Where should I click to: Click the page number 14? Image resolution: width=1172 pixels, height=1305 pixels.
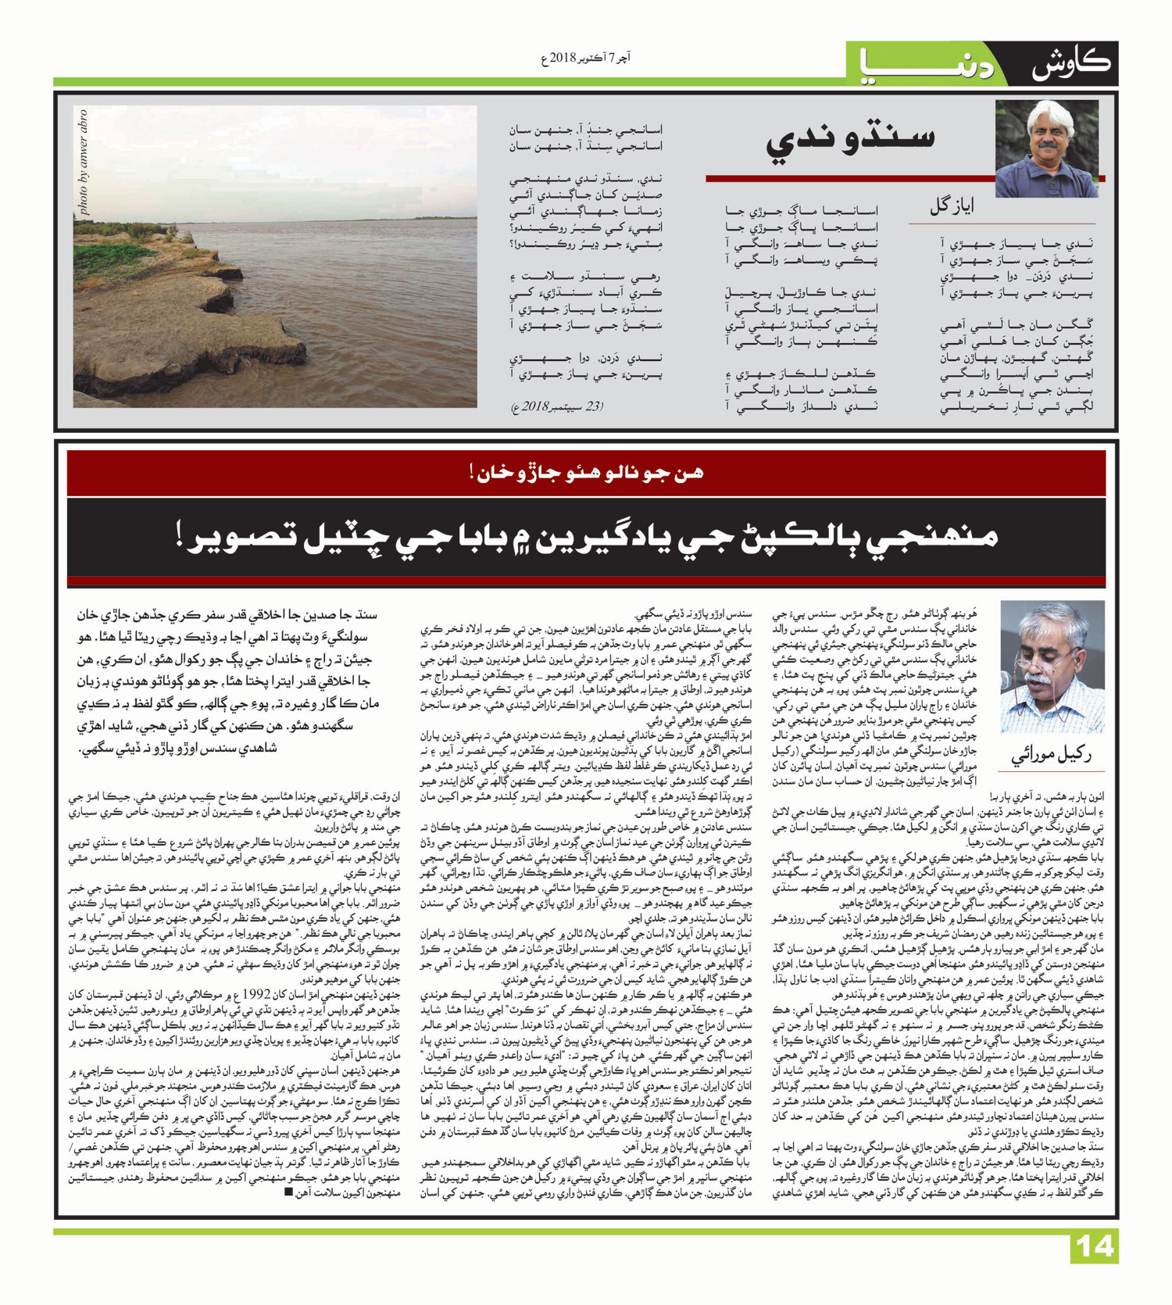[1094, 1246]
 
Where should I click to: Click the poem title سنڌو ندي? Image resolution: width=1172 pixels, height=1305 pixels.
[850, 141]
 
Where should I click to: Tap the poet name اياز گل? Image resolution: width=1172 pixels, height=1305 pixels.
[951, 206]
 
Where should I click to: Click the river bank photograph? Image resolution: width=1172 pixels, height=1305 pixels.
[275, 257]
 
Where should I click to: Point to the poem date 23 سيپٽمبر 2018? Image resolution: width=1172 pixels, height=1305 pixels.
[557, 406]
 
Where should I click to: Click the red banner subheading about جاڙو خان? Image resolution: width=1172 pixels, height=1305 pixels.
[586, 473]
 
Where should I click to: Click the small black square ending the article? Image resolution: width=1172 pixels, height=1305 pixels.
[289, 1192]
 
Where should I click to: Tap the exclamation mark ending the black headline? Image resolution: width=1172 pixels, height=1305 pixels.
[180, 539]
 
